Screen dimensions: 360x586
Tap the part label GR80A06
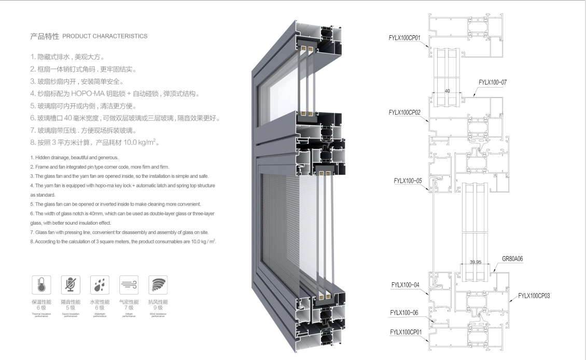click(516, 258)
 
